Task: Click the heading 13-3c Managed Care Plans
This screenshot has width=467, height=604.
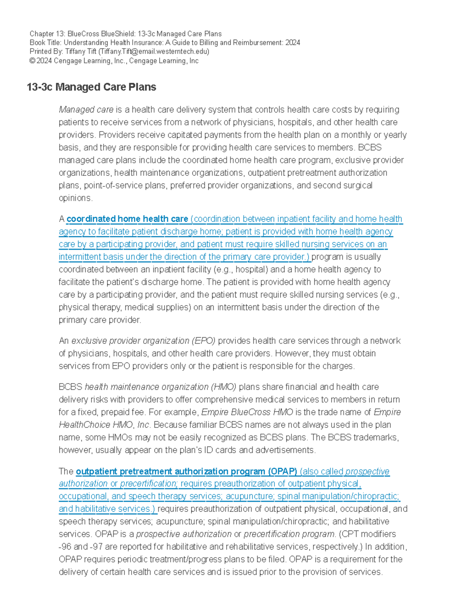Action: click(x=91, y=87)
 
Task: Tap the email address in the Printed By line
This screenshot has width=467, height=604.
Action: click(x=154, y=51)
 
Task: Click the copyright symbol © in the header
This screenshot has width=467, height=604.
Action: click(x=32, y=61)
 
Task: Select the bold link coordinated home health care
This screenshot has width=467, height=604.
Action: click(x=127, y=219)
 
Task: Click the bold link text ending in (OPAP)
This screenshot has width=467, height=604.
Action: click(x=186, y=471)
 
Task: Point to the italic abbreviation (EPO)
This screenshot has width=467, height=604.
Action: click(x=203, y=341)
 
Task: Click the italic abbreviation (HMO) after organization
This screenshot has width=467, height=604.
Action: click(x=223, y=387)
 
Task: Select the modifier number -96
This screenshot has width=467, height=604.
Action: click(x=65, y=547)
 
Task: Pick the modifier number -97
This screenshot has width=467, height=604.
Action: click(x=96, y=547)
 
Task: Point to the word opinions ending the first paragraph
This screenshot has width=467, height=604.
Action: click(x=75, y=198)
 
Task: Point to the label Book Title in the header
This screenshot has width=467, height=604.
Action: click(x=45, y=43)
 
